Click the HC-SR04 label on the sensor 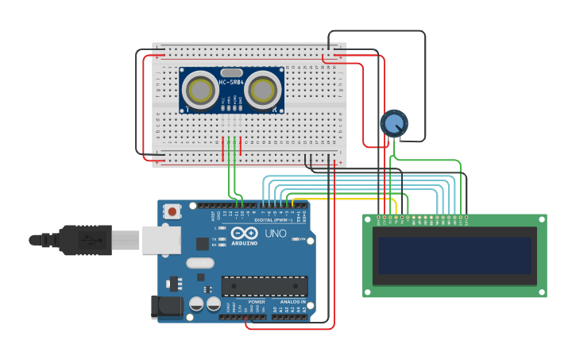point(231,82)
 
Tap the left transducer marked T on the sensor point(199,91)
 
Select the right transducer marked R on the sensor point(263,91)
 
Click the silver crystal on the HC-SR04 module point(231,72)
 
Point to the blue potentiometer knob point(393,124)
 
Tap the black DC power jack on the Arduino point(163,308)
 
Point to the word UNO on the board point(274,234)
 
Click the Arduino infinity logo point(245,234)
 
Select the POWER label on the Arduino point(257,302)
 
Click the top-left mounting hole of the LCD point(369,219)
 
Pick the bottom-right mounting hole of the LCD point(542,292)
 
